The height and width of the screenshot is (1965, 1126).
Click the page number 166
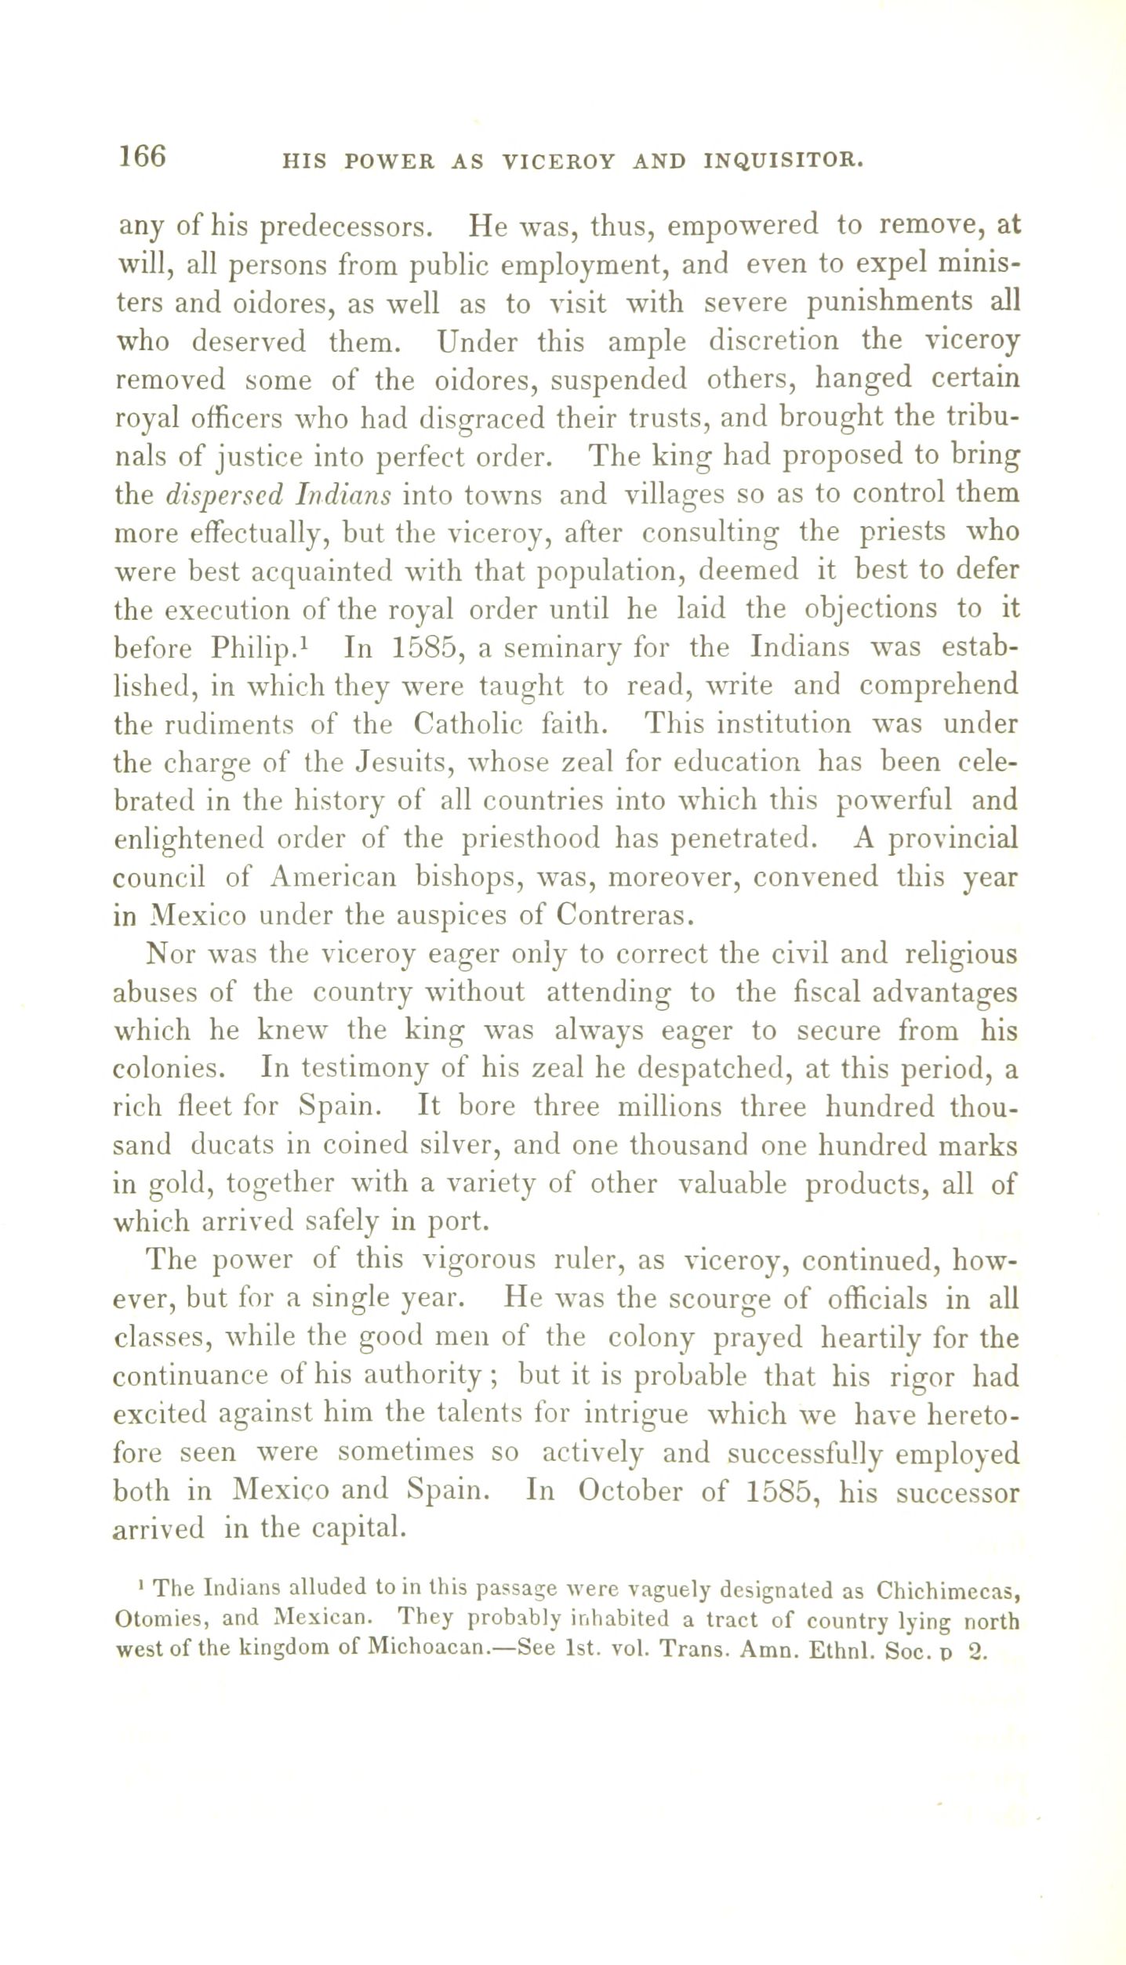(x=142, y=156)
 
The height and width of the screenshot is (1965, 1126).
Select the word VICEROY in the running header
(x=558, y=162)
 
